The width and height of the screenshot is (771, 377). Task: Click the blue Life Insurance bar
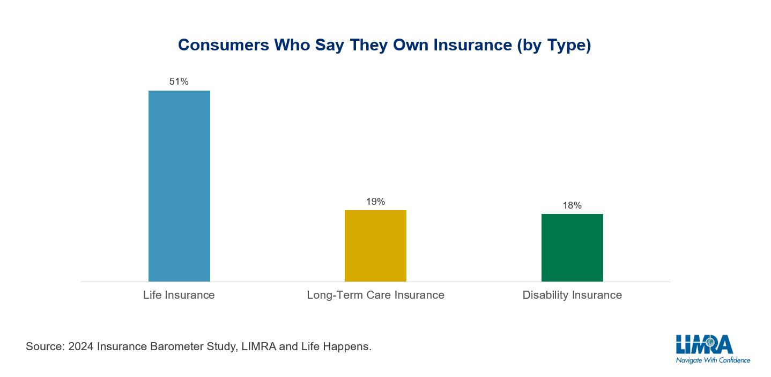click(179, 186)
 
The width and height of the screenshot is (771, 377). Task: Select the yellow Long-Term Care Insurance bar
click(375, 246)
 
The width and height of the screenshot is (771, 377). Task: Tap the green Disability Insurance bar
click(572, 248)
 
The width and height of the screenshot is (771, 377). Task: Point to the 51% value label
click(179, 82)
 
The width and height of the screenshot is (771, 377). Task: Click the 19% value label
click(375, 202)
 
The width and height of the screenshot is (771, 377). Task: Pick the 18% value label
click(572, 205)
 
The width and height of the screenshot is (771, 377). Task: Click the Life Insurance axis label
click(179, 295)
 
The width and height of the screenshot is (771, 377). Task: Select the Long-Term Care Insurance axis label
click(375, 295)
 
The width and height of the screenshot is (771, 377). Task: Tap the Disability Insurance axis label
click(572, 295)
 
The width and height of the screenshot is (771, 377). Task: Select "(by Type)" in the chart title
click(554, 46)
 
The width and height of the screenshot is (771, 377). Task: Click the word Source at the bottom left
click(44, 346)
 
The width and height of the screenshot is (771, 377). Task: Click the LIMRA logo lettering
click(704, 345)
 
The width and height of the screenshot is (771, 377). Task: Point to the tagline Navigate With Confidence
click(713, 360)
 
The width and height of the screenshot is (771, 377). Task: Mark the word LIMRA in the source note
click(259, 346)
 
